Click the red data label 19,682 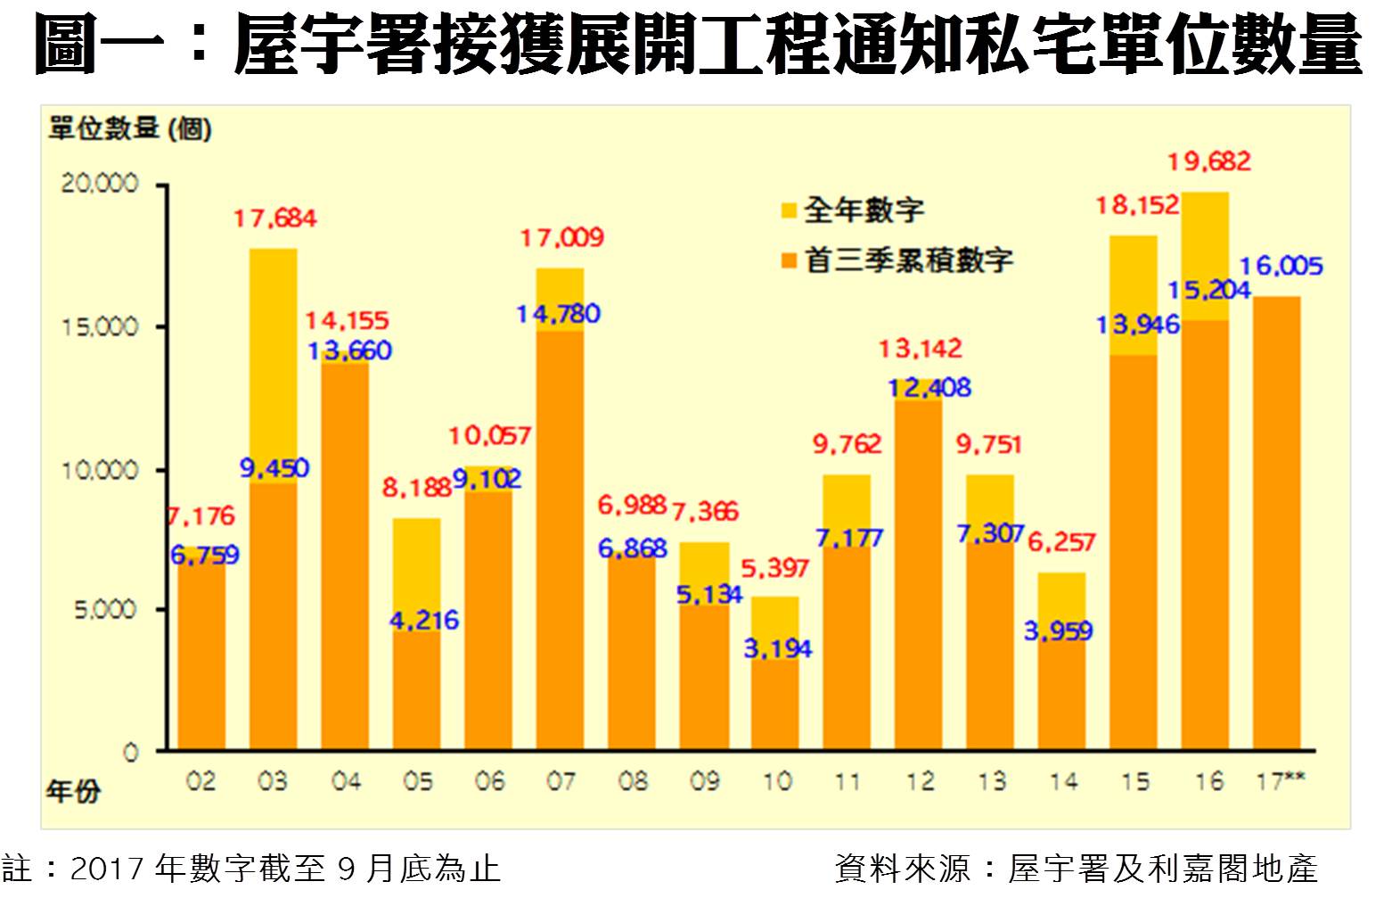tap(1208, 162)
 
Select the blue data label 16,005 tap(1281, 266)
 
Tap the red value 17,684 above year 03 tap(274, 218)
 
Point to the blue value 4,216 tap(423, 620)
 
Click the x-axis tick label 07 tap(561, 782)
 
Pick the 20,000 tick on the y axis tap(100, 184)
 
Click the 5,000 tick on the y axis tap(104, 610)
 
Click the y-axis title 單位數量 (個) tap(130, 129)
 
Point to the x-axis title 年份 tap(73, 790)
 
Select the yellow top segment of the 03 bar tap(273, 366)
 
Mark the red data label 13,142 tap(920, 349)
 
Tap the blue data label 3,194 tap(777, 649)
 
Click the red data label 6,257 tap(1061, 542)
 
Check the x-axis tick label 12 tap(920, 782)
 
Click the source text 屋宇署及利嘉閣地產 tap(1162, 868)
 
